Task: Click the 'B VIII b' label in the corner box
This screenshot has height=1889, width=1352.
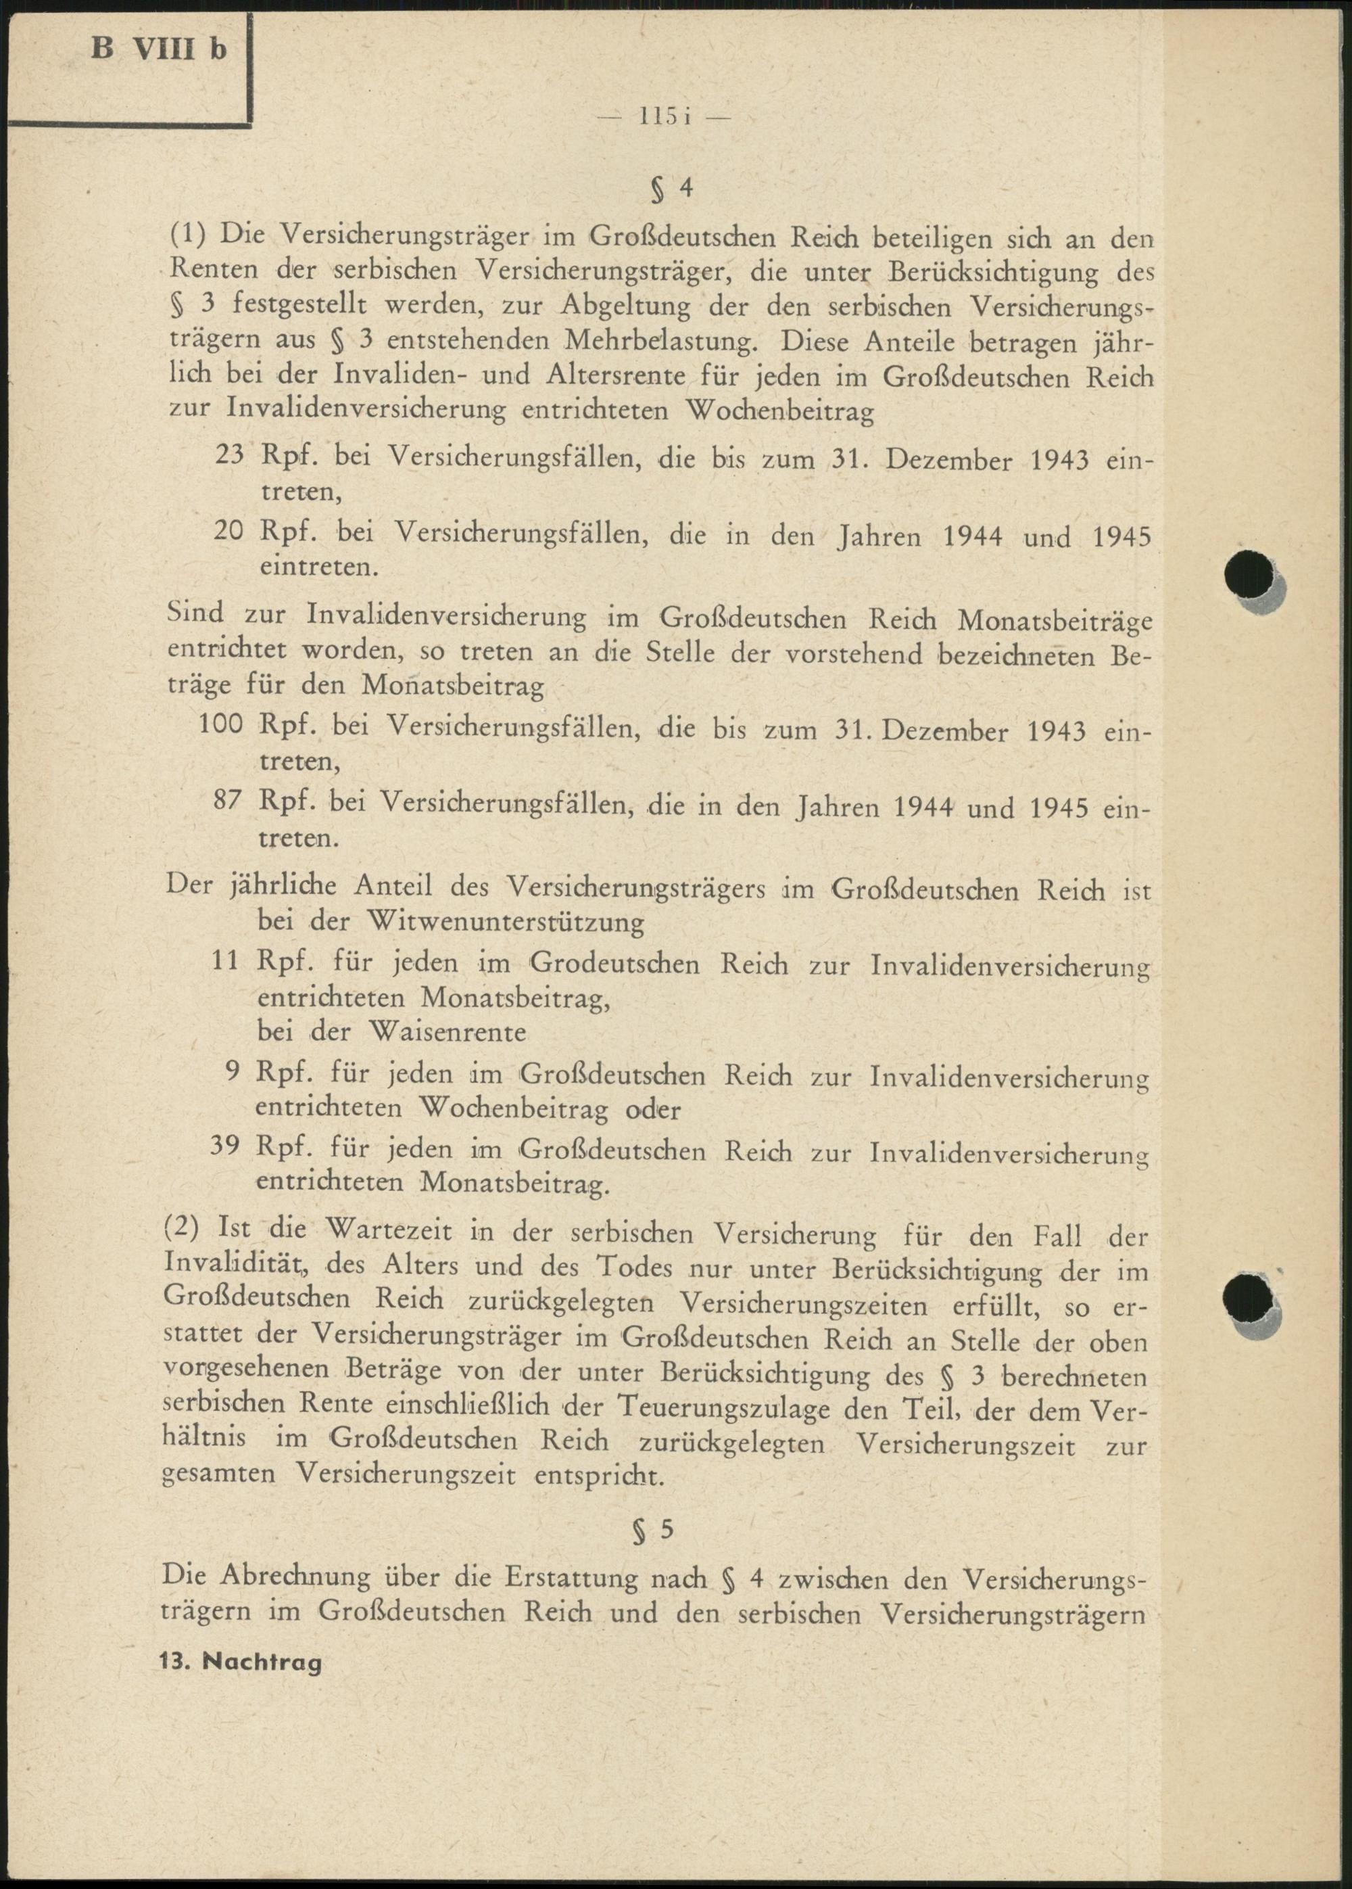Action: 158,50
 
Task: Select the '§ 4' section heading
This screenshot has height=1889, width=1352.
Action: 672,190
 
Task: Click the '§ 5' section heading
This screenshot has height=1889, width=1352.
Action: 653,1530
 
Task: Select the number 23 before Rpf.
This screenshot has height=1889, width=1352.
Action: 229,457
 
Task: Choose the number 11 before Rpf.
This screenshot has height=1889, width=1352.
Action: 226,960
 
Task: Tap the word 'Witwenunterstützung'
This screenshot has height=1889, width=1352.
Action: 506,922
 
